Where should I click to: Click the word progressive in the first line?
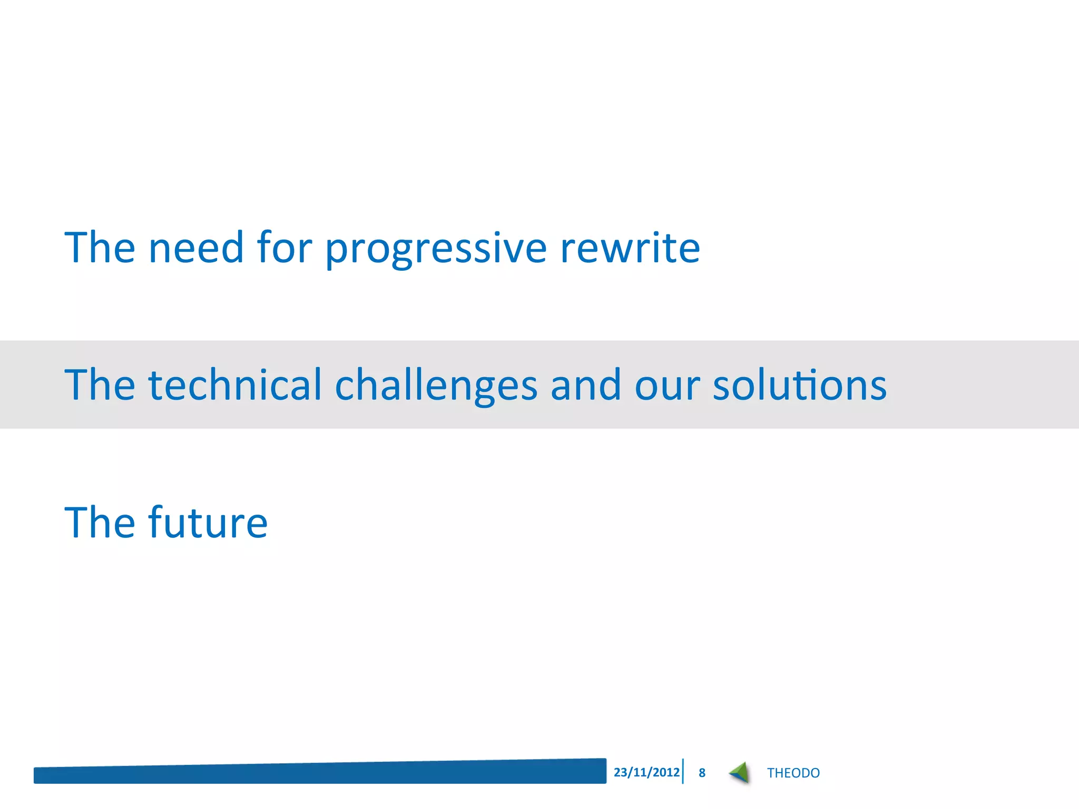coord(436,249)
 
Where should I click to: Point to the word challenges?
coord(436,386)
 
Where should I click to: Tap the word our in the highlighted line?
coord(667,386)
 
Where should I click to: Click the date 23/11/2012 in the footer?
coord(646,772)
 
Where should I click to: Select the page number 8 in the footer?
coord(702,773)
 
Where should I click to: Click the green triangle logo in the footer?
coord(740,773)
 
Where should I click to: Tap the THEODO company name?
coord(793,773)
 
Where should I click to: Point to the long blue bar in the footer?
coord(320,773)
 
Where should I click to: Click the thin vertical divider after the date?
coord(683,772)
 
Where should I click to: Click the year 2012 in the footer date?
coord(666,772)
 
